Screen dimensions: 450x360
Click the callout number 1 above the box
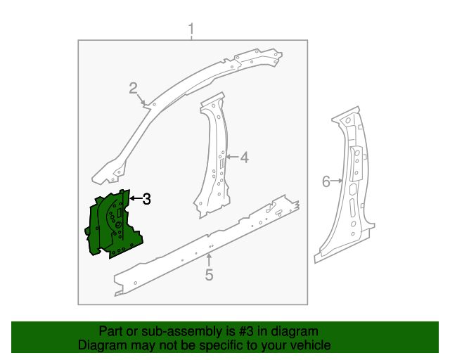[191, 30]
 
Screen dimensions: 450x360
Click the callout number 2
[133, 88]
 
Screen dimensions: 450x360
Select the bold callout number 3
[147, 199]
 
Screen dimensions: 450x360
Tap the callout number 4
[244, 157]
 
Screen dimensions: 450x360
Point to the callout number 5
[209, 275]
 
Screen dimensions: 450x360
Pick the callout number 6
[326, 181]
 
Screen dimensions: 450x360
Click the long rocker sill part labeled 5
[207, 245]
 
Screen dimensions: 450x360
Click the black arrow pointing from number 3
[136, 198]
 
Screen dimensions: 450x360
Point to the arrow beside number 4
[233, 157]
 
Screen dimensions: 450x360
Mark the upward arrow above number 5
[210, 260]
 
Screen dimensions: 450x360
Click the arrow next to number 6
[337, 181]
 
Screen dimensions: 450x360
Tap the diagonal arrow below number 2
[141, 99]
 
